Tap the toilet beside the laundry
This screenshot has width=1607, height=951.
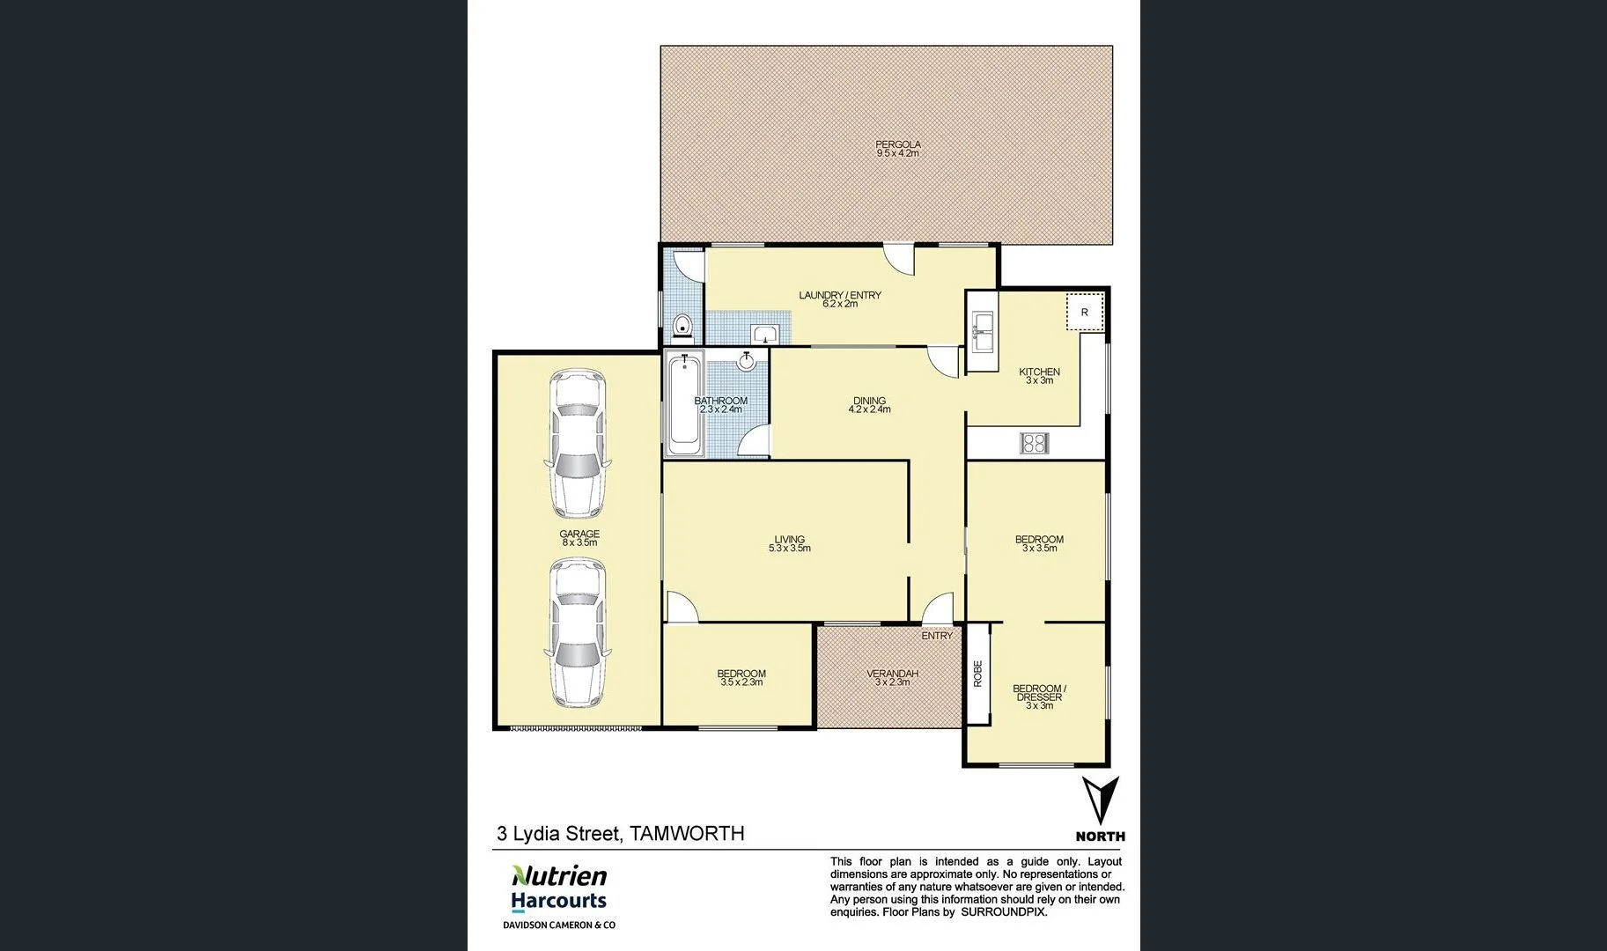pos(682,328)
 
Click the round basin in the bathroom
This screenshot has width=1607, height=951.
pos(747,361)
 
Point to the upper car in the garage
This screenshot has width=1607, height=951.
pos(578,443)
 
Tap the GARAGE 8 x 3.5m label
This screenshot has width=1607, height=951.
pos(579,538)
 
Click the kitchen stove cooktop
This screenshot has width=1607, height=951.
pos(1034,442)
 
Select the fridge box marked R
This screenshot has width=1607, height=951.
pos(1084,312)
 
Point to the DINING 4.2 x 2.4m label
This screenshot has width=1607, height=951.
pos(868,405)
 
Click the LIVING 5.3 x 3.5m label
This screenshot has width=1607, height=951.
pos(789,544)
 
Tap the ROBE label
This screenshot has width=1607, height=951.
pos(977,674)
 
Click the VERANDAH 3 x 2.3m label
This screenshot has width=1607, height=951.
pos(892,677)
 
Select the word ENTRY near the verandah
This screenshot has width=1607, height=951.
pos(937,636)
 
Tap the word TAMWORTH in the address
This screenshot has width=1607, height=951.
pos(687,833)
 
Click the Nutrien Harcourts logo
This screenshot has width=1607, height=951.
pos(559,888)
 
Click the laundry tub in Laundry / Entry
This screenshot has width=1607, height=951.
pos(765,334)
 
